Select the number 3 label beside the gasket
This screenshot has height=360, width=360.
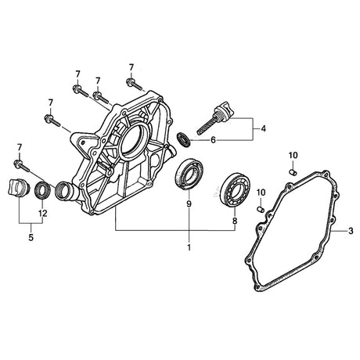(x=351, y=232)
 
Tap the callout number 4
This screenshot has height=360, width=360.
(x=264, y=128)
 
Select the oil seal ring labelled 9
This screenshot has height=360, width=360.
(x=188, y=173)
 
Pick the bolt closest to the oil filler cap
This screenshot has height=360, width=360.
(x=134, y=82)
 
